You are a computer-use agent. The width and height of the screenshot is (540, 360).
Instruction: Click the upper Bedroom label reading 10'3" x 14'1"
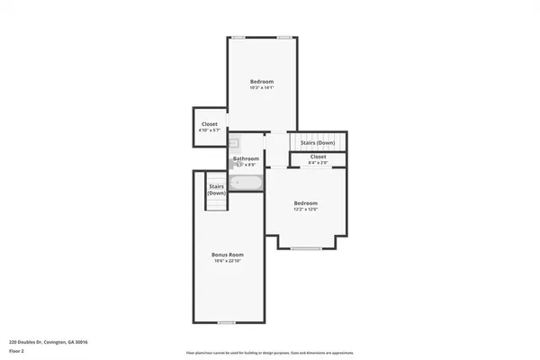coord(261,81)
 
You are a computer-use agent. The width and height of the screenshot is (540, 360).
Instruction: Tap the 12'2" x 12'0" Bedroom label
coord(306,203)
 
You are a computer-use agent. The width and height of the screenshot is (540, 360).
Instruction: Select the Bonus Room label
coord(228,255)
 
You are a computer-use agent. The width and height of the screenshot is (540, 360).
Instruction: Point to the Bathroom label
coord(246,158)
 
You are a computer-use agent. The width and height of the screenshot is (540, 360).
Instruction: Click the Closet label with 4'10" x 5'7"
coord(209,125)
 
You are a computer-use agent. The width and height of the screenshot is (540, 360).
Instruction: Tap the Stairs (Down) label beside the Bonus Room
coord(217,190)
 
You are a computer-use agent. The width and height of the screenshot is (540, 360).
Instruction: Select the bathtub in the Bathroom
coord(246,184)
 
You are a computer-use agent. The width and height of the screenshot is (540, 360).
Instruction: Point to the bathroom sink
coord(232,142)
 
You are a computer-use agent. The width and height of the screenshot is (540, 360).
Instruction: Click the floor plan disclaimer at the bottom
coord(269,351)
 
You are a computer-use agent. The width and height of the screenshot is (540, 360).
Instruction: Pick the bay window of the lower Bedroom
coord(306,247)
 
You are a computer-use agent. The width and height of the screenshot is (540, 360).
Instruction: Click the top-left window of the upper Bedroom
coord(238,37)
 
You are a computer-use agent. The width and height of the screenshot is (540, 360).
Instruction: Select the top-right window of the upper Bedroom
coord(284,37)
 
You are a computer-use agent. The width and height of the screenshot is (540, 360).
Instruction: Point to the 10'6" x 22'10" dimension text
coord(228,261)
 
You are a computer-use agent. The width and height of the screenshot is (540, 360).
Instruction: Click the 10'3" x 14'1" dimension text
coord(261,87)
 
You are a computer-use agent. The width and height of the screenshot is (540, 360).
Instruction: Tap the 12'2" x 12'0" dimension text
coord(306,210)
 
